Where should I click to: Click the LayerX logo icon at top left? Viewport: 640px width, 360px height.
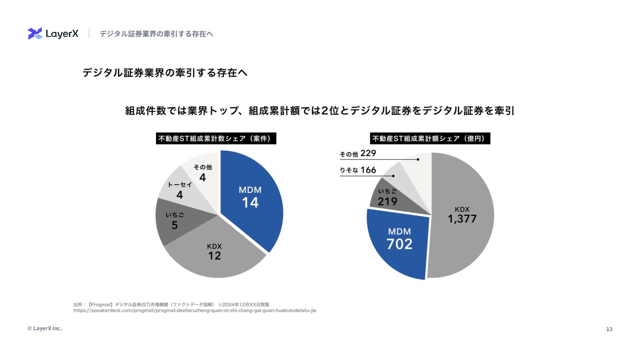(x=35, y=34)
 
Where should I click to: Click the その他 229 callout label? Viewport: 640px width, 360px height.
(x=358, y=154)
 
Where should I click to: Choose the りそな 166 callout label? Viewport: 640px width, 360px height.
(x=358, y=170)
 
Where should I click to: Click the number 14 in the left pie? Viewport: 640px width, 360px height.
(x=250, y=203)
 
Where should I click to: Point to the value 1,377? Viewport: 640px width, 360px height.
(x=462, y=219)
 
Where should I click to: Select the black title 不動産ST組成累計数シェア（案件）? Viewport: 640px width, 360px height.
(x=215, y=139)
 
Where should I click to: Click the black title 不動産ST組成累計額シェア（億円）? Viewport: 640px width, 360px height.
(x=431, y=139)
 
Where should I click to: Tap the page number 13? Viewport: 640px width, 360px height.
(x=609, y=329)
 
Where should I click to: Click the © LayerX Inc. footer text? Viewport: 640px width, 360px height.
(x=45, y=328)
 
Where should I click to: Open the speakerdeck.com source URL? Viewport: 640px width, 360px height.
(x=195, y=311)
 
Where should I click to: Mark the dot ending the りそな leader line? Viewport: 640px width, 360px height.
(x=393, y=176)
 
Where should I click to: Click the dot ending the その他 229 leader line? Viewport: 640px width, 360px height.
(x=418, y=159)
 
